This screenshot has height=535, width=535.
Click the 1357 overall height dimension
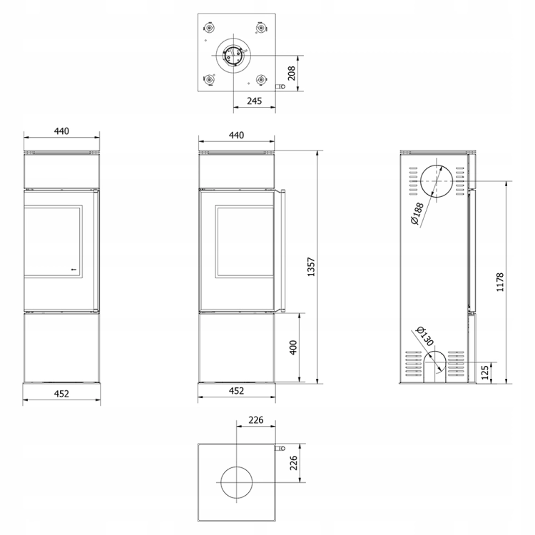coord(311,267)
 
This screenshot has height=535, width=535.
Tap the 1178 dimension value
coord(500,282)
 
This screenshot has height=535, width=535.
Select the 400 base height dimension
coord(293,347)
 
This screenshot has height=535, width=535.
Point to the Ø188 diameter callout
coord(417,213)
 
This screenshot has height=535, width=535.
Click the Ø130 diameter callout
coord(425,336)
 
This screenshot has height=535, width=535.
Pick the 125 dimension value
coord(485,372)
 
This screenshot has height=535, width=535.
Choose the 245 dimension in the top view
coord(254,101)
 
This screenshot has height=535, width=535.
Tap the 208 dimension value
coord(291,73)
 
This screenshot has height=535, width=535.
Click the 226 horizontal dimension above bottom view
coord(256,419)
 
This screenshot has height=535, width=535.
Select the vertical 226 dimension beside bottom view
coord(293,463)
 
